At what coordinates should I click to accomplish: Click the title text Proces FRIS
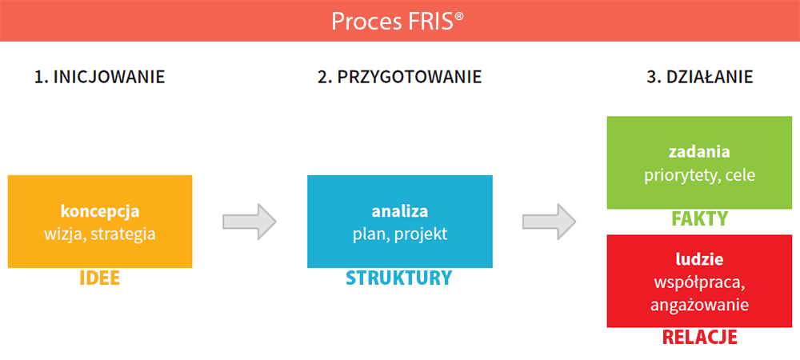[x=398, y=21]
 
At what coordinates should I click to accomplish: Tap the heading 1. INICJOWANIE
[x=99, y=77]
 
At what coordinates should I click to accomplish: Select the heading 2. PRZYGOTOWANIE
[x=399, y=77]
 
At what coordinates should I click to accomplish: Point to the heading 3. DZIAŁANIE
[x=700, y=77]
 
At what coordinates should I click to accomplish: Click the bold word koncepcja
[x=100, y=210]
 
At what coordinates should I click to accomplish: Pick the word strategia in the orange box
[x=123, y=234]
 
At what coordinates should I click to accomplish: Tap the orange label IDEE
[x=99, y=278]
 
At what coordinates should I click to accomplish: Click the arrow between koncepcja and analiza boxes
[x=250, y=222]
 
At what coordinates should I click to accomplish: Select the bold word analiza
[x=399, y=210]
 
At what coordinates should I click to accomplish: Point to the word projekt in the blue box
[x=421, y=234]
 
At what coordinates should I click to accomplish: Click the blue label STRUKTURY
[x=399, y=278]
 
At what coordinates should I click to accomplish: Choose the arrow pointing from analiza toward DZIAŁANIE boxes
[x=549, y=222]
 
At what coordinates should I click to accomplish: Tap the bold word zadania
[x=699, y=152]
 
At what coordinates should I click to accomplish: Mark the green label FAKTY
[x=699, y=218]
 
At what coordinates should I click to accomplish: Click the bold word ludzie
[x=699, y=259]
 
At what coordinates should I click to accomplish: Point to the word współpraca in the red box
[x=699, y=282]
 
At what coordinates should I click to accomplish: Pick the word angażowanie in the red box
[x=699, y=305]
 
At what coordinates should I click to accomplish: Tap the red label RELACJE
[x=699, y=337]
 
